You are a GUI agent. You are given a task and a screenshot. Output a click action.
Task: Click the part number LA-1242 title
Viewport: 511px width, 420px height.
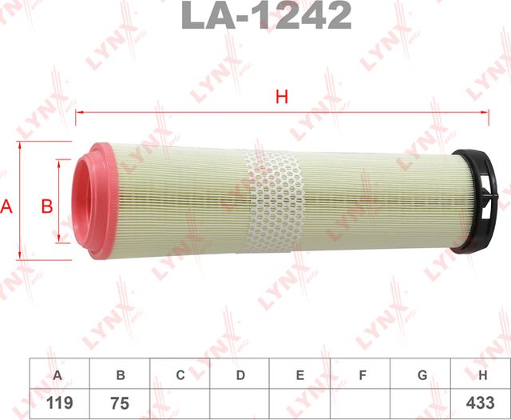click(267, 15)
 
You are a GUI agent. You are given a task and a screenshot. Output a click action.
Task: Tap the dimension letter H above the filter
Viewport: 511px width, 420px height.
click(281, 98)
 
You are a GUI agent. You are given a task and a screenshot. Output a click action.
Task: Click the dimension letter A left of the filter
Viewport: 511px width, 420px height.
click(7, 206)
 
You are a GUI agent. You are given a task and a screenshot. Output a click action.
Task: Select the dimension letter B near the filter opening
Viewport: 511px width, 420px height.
click(46, 206)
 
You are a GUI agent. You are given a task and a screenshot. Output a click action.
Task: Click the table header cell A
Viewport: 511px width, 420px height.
click(57, 374)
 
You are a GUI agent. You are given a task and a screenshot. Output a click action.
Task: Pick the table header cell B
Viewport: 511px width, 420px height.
click(120, 374)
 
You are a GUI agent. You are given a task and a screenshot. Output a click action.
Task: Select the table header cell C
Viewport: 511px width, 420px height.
click(180, 374)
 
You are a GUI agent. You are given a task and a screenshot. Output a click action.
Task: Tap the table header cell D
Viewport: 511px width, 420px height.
click(240, 374)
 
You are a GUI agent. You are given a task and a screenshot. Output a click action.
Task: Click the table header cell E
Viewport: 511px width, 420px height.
click(299, 374)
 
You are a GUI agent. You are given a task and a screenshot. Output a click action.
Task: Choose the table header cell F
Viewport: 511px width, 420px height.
click(361, 374)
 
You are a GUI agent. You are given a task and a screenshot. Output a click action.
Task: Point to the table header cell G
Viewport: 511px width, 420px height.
click(422, 374)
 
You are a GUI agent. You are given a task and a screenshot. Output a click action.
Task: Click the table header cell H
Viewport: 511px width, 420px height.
click(481, 374)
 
